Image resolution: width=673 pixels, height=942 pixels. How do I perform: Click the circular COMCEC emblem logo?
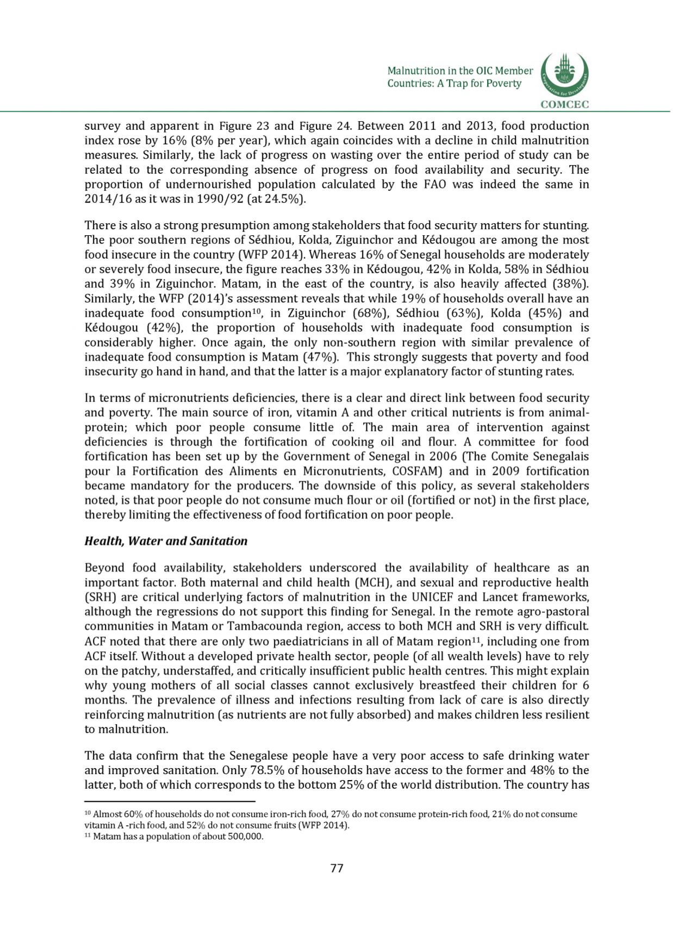(565, 75)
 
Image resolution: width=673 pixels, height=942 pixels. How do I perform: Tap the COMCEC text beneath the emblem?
(565, 105)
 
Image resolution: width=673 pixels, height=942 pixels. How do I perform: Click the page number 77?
(336, 868)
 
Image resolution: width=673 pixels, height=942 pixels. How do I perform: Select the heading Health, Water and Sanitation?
(166, 541)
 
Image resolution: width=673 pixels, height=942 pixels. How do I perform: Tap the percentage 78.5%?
(265, 770)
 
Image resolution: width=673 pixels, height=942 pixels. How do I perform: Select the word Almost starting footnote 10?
(108, 814)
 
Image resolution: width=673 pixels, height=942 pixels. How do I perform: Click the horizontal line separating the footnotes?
(170, 801)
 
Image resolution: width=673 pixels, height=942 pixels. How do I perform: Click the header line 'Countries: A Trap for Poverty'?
(454, 84)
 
